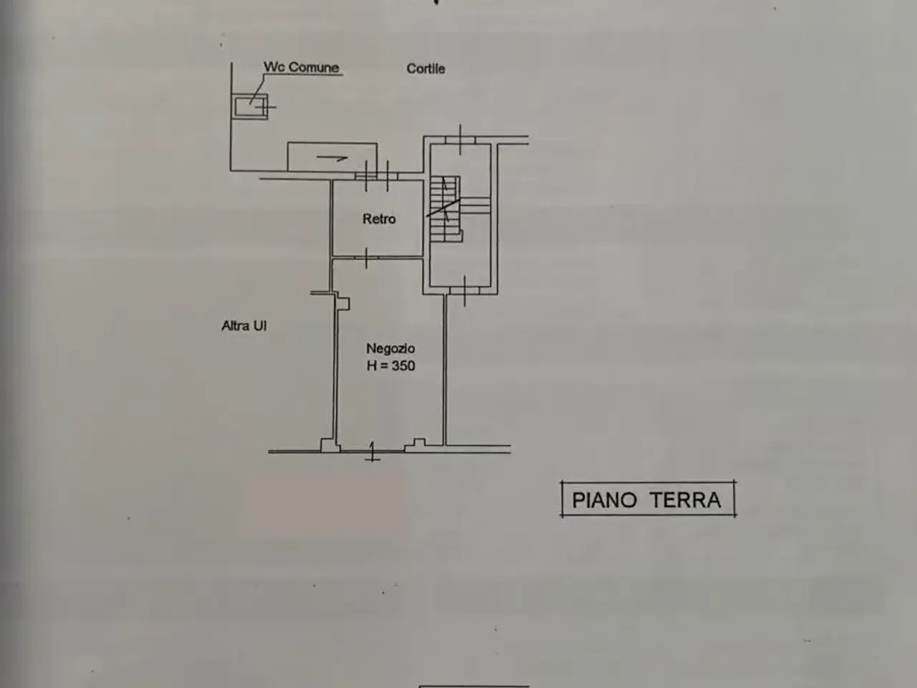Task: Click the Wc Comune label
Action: coord(301,67)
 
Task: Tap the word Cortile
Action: coord(426,69)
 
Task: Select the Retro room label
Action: coord(379,219)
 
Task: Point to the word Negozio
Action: coord(390,348)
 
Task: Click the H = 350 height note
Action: coord(390,365)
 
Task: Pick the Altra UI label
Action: coord(244,325)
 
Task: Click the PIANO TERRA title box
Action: coord(648,500)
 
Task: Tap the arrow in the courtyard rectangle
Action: coord(332,158)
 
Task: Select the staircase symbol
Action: coord(446,209)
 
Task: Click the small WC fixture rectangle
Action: coord(250,107)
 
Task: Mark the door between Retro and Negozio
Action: coord(366,258)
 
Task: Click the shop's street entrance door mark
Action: coord(373,451)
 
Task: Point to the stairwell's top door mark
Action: coord(461,139)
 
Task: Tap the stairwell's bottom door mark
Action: coord(464,291)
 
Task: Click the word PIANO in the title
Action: coord(605,500)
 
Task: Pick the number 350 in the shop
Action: coord(403,365)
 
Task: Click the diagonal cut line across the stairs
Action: coord(443,208)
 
